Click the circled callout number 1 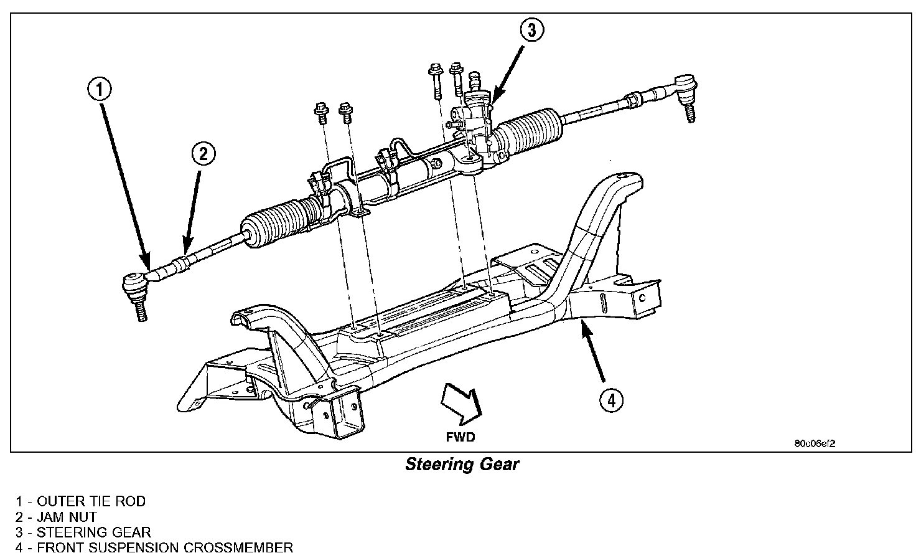(x=100, y=90)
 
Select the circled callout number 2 (x=203, y=153)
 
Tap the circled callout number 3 (x=532, y=29)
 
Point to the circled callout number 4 (x=611, y=400)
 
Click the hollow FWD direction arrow (x=460, y=403)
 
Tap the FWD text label (x=460, y=437)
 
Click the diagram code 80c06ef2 (x=814, y=444)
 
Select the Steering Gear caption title (x=462, y=465)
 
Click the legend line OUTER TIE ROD (x=81, y=501)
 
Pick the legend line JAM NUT (x=57, y=517)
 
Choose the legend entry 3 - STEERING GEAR (x=83, y=532)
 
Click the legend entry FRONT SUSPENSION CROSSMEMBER (x=154, y=548)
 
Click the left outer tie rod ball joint (x=134, y=285)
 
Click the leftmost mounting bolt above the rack (x=322, y=113)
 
